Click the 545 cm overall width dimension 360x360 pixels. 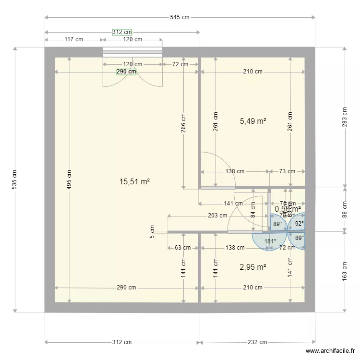coord(180,17)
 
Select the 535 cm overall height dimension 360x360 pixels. coord(15,180)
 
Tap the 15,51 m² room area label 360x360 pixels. coord(135,181)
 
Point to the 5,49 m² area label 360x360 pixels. coord(253,121)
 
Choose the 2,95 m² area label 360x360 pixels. coord(253,266)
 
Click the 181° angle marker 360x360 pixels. coord(271,241)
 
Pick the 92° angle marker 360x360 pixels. coord(299,223)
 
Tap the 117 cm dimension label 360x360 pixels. coord(73,39)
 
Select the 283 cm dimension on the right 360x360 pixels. coord(344,117)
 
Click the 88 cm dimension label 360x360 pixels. coord(344,209)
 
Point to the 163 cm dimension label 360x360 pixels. coord(344,271)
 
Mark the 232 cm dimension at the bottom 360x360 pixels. coord(257,342)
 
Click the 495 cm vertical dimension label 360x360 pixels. coord(70,180)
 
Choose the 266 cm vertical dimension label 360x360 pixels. coord(183,122)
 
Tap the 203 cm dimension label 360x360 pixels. coord(217,216)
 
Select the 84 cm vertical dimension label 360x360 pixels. coord(253,210)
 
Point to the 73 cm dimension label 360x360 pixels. coord(287,171)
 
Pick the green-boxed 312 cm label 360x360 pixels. coord(122,32)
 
